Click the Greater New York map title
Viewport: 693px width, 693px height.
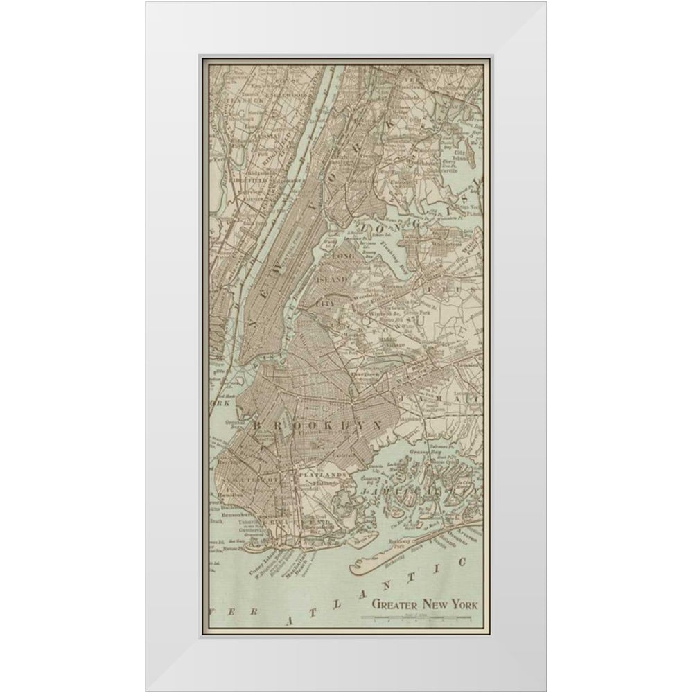tap(424, 603)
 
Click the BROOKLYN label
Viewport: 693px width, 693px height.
tap(318, 423)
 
